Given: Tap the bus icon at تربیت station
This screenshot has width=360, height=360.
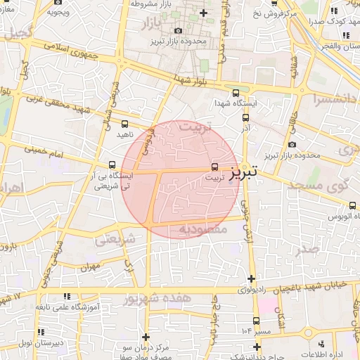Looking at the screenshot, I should click(x=214, y=167).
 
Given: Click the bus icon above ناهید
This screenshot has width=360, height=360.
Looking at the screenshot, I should click(x=125, y=124).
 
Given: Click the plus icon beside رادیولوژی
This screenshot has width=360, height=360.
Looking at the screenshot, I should click(x=251, y=278).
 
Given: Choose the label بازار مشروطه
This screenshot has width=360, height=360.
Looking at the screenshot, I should click(x=151, y=4).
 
